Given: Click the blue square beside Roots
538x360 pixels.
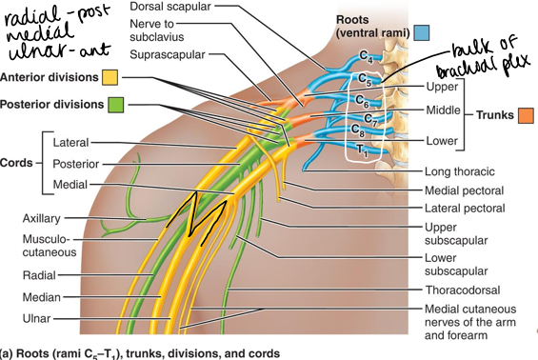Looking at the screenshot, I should (422, 32).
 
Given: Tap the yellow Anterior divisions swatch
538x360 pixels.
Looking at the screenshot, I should (111, 77).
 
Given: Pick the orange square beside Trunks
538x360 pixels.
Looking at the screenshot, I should (526, 116).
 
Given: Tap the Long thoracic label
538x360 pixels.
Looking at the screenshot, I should (460, 171).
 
